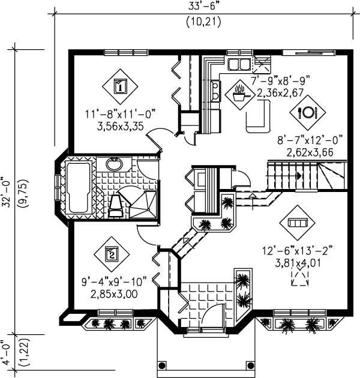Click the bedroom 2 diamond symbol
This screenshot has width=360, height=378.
(x=112, y=254)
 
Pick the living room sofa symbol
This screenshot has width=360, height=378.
(x=297, y=222)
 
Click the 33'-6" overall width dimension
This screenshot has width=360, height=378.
(x=205, y=7)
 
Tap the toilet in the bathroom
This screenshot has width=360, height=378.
(x=116, y=205)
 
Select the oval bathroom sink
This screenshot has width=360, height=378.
(x=114, y=164)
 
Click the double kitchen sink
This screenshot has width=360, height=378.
(x=239, y=64)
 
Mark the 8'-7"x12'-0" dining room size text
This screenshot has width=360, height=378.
(x=309, y=140)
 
